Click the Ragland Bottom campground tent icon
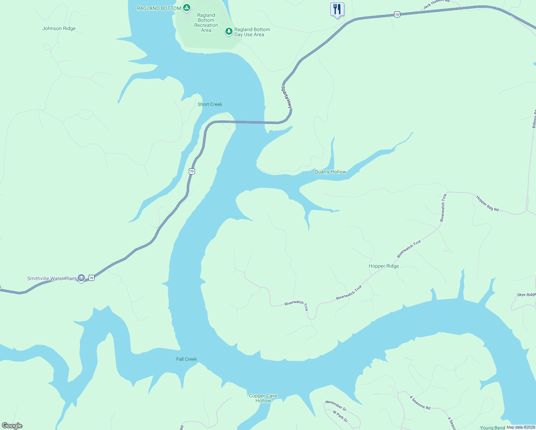186,8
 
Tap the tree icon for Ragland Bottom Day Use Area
229,32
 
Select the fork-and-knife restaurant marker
337,9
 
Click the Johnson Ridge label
59,29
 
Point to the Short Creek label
210,104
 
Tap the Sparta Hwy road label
287,97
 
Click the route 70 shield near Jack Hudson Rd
396,14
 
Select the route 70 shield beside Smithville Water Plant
92,278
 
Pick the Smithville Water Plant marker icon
81,278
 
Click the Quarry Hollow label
330,172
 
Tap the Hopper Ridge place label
384,266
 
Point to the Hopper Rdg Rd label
487,204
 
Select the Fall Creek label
187,359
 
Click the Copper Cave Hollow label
263,398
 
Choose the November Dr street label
336,406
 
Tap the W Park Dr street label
340,416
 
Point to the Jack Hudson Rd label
436,4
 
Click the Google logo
12,426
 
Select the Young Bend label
492,427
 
